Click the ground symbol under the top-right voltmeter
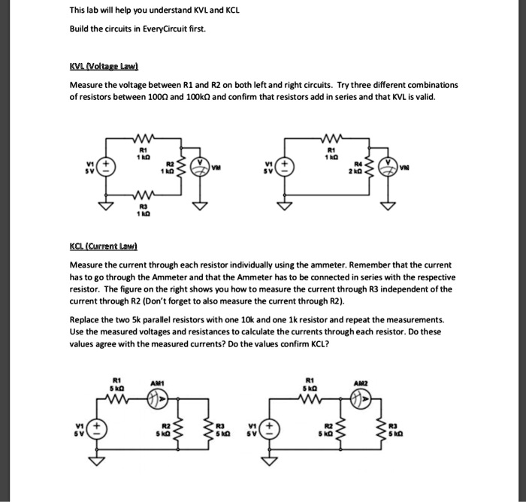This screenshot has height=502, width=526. click(389, 205)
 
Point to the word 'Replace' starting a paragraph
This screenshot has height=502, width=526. click(86, 319)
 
